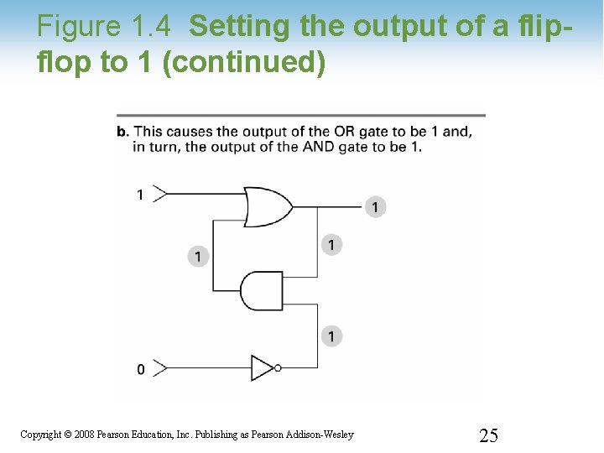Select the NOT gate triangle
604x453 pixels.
263,367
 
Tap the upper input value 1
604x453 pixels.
140,195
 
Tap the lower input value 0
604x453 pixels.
140,369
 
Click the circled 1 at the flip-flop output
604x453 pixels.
375,206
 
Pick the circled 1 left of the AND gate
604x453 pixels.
198,256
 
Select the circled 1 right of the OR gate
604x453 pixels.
332,244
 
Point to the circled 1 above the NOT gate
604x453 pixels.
332,336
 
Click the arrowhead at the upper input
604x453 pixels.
161,194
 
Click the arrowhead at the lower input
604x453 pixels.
161,367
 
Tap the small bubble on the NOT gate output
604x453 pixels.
278,367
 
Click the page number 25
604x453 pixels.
488,435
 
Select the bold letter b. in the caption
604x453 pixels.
122,132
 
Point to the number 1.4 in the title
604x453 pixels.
153,27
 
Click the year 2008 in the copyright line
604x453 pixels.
86,435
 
